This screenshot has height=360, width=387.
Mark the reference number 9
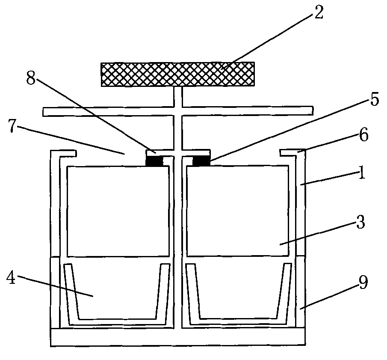pyautogui.click(x=363, y=283)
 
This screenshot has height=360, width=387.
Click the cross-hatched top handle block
pyautogui.click(x=177, y=74)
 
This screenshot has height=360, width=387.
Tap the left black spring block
pyautogui.click(x=154, y=161)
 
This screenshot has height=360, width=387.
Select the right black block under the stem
pyautogui.click(x=201, y=161)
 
